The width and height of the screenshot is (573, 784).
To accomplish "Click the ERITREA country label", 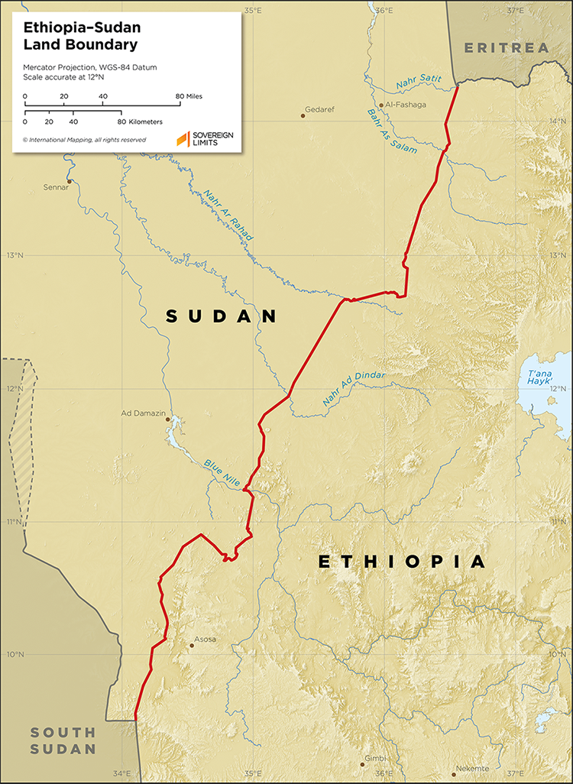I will coord(507,48).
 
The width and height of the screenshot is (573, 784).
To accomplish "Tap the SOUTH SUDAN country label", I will coord(63,740).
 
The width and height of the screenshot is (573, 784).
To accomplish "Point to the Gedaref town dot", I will coord(300,117).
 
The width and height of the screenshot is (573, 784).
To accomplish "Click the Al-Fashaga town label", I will coord(406,105).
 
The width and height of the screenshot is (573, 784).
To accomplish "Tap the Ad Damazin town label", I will coord(144,413).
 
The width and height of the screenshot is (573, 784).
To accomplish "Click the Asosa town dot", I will coord(192,646).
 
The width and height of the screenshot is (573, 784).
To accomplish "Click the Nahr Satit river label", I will coord(419,79).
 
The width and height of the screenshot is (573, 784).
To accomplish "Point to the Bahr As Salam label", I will coord(392,131).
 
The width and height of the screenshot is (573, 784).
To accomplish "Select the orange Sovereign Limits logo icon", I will coord(183,139).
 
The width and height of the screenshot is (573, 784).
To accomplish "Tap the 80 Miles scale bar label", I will coord(189,96).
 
